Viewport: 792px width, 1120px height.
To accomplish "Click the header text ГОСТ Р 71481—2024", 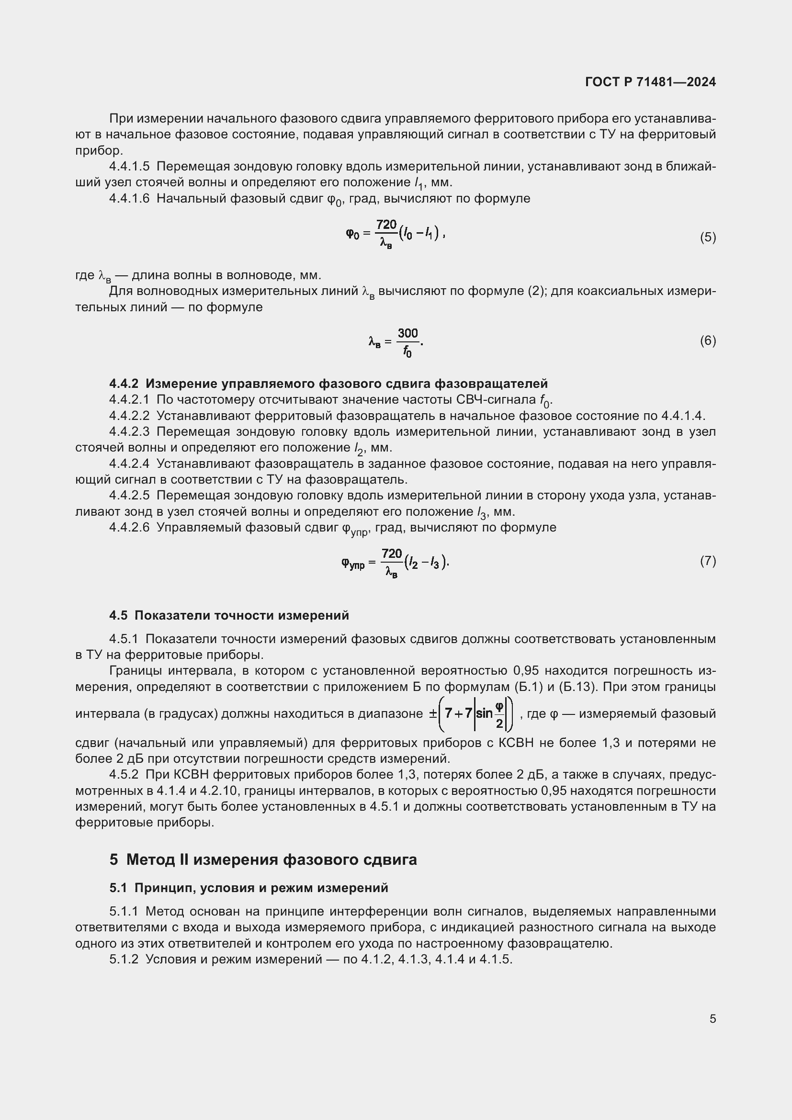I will pyautogui.click(x=650, y=82).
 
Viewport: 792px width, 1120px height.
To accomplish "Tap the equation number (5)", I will pyautogui.click(x=708, y=238).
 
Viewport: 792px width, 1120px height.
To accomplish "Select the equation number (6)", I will pyautogui.click(x=708, y=340).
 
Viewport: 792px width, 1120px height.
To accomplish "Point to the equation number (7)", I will pyautogui.click(x=708, y=561).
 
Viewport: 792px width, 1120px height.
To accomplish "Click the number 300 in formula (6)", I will pyautogui.click(x=407, y=333).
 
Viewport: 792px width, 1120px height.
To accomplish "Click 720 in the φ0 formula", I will pyautogui.click(x=386, y=225).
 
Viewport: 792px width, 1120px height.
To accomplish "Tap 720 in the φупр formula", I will pyautogui.click(x=392, y=554).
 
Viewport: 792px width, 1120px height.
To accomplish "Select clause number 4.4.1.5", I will pyautogui.click(x=129, y=166).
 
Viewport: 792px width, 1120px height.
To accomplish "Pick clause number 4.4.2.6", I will pyautogui.click(x=129, y=527).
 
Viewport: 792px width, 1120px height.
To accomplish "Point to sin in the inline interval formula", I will pyautogui.click(x=484, y=713).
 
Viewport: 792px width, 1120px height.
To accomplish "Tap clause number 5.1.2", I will pyautogui.click(x=124, y=960).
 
